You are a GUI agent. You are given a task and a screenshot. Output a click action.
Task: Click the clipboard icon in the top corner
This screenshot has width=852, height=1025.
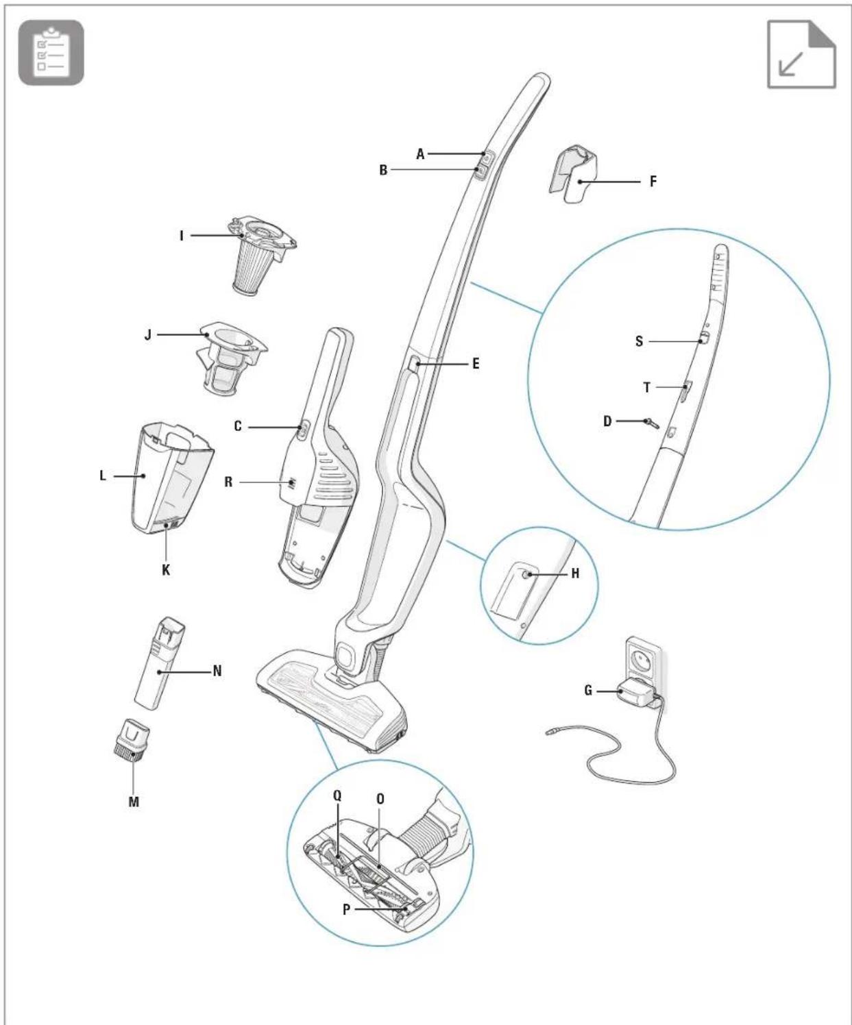[x=51, y=53]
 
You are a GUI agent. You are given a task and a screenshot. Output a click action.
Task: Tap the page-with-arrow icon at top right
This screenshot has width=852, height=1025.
[x=801, y=54]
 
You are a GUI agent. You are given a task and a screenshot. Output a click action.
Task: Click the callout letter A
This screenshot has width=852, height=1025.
[x=420, y=154]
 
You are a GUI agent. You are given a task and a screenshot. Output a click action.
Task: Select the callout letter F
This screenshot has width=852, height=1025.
[x=653, y=182]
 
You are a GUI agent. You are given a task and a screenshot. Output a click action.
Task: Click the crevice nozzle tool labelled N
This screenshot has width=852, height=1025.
[x=160, y=663]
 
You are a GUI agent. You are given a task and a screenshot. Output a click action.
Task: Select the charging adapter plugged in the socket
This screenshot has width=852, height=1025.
[x=637, y=693]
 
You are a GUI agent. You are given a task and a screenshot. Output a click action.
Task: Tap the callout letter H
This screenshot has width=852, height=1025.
[x=576, y=573]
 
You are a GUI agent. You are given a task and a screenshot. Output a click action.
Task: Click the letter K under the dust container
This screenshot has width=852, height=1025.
[x=166, y=570]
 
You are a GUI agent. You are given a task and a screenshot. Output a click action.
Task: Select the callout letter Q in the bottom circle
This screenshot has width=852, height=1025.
[x=337, y=795]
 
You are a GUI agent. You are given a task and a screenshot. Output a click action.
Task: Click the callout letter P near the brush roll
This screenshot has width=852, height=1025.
[x=346, y=910]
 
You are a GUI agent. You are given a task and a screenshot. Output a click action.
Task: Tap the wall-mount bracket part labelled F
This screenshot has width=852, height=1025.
[x=573, y=174]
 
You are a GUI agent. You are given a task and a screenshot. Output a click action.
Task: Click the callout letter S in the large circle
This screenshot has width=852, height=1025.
[x=639, y=341]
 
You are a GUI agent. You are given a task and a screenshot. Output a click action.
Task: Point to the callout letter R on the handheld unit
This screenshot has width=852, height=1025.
[x=228, y=482]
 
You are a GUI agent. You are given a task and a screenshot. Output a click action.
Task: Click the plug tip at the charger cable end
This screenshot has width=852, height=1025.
[x=550, y=732]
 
